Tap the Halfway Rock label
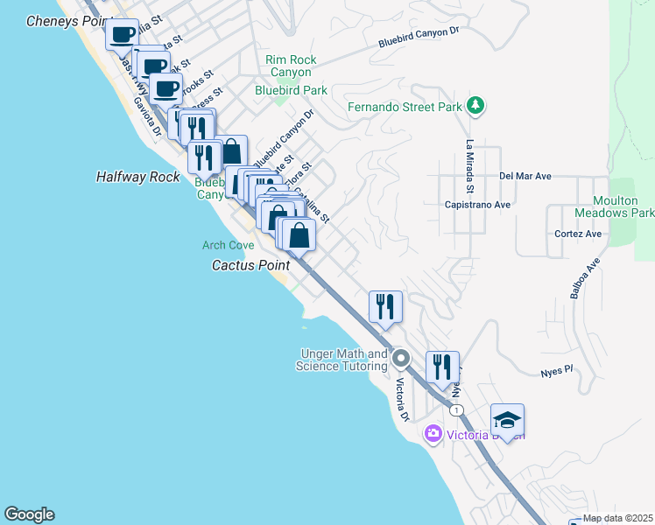click(137, 177)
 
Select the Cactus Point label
click(251, 264)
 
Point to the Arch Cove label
click(228, 246)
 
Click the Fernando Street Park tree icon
click(475, 106)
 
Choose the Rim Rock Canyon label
click(291, 66)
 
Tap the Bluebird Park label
click(291, 89)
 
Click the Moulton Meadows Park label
click(614, 206)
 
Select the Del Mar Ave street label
click(525, 176)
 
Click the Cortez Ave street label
click(578, 234)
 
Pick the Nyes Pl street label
click(556, 370)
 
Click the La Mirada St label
click(470, 166)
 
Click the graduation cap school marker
click(507, 421)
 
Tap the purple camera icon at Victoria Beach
click(433, 434)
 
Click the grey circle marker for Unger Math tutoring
click(401, 358)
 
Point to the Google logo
click(29, 514)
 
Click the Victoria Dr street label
click(401, 398)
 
